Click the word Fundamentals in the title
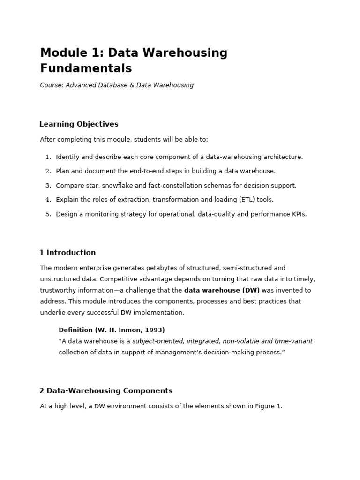(x=86, y=68)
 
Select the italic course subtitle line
(x=117, y=85)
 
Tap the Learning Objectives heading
(x=79, y=124)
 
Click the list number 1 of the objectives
(x=48, y=157)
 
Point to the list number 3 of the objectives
(x=48, y=186)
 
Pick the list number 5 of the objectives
(x=48, y=214)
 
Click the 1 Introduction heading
(x=67, y=253)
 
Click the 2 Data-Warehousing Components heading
(x=106, y=391)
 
